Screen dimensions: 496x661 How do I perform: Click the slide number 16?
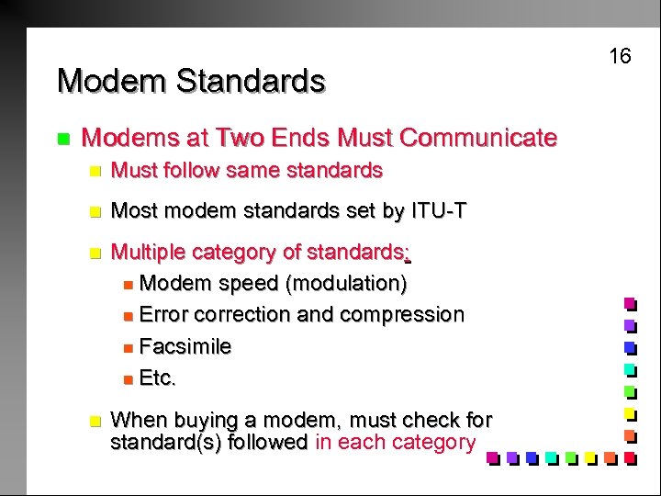pyautogui.click(x=621, y=56)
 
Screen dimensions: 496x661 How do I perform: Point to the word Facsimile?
pyautogui.click(x=185, y=346)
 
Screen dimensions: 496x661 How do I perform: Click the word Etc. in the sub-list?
pyautogui.click(x=157, y=378)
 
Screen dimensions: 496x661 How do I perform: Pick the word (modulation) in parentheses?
pyautogui.click(x=347, y=283)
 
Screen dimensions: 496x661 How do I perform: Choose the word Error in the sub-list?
pyautogui.click(x=163, y=314)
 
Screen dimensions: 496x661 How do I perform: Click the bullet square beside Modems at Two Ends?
pyautogui.click(x=62, y=140)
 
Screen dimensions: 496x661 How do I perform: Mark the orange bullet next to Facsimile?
pyautogui.click(x=127, y=347)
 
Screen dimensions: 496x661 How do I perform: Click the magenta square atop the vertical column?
pyautogui.click(x=630, y=303)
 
